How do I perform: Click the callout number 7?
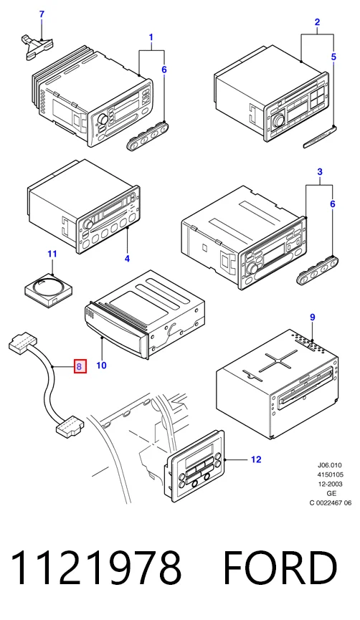(42, 14)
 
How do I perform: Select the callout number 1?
(151, 37)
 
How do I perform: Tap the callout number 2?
(317, 22)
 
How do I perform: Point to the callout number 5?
(333, 57)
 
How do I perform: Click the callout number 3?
(320, 172)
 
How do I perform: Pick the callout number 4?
(127, 259)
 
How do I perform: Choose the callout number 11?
(52, 254)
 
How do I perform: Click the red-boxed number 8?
(79, 366)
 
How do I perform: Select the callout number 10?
(101, 365)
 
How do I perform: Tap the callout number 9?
(313, 317)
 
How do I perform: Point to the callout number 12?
(256, 459)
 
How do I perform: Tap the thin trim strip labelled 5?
(321, 137)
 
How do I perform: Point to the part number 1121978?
(96, 568)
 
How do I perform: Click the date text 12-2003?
(331, 484)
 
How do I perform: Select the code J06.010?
(330, 465)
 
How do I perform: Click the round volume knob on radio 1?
(104, 119)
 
